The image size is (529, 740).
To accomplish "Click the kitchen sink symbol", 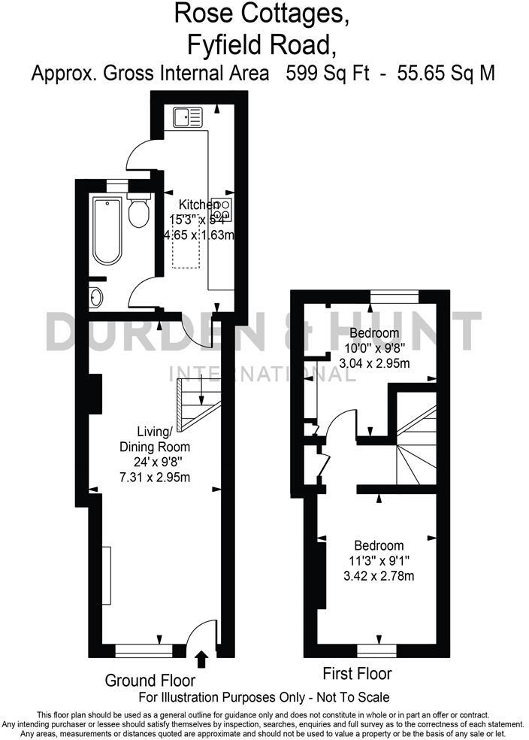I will point(187,117).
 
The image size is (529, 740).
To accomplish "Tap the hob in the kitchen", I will point(223,208).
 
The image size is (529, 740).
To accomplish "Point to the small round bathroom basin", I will point(96,298).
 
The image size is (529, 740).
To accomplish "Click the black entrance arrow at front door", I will point(201,660).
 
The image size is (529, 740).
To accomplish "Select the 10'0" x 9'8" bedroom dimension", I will point(378,348).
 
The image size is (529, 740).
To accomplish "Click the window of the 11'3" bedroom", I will point(376,646).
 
